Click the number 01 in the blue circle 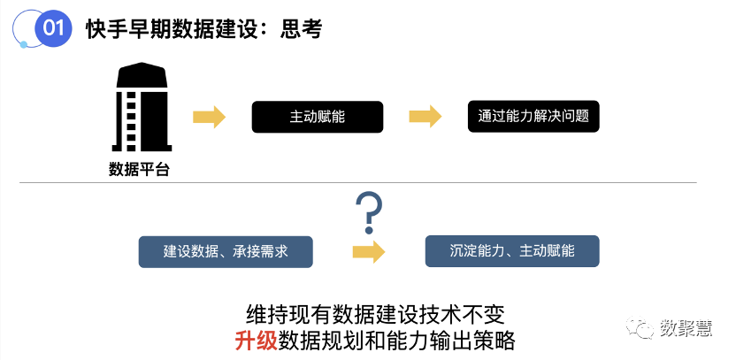click(x=53, y=28)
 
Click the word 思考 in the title click(x=301, y=29)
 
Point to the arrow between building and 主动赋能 click(x=209, y=117)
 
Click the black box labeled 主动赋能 click(x=317, y=117)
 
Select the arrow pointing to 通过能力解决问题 click(x=425, y=117)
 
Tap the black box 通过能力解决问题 click(x=533, y=117)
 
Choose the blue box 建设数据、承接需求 click(x=226, y=251)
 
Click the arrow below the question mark click(x=368, y=251)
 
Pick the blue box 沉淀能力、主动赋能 click(x=512, y=251)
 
